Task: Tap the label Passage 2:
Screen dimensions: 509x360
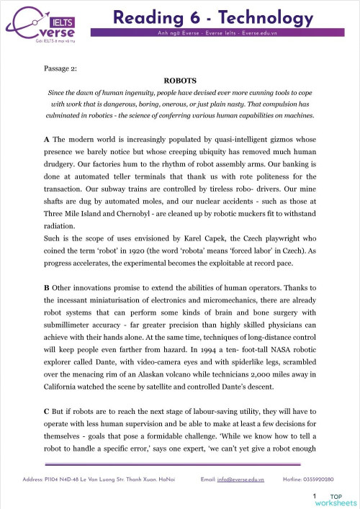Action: point(63,70)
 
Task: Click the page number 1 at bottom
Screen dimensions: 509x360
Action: point(315,496)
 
